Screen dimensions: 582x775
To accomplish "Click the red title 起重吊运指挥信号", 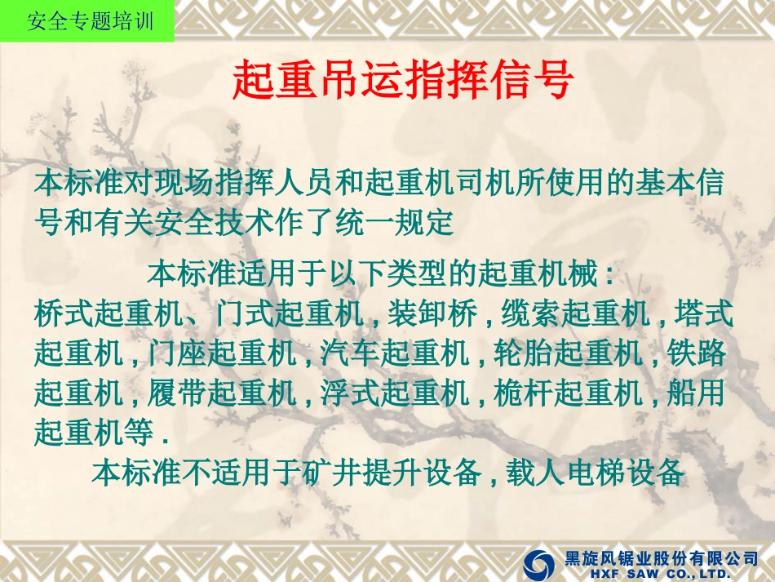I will coord(405,81).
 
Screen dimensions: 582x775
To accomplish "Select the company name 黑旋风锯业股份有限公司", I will coord(662,558).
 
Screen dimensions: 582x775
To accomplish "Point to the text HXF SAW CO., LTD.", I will coord(662,574).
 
